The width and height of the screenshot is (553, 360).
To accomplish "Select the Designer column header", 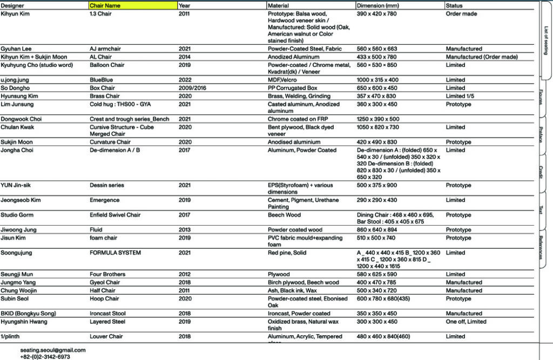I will [x=12, y=5].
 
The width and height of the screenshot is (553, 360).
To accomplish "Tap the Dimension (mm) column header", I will [x=378, y=5].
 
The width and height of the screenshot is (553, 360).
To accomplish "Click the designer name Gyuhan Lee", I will [x=16, y=49].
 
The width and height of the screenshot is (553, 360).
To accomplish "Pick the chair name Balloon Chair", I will [x=107, y=65].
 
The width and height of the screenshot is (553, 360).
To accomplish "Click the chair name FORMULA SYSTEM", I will [x=115, y=253].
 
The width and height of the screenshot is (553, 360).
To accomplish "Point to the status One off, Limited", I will [x=466, y=322].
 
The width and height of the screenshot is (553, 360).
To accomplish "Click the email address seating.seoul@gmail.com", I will [x=53, y=350].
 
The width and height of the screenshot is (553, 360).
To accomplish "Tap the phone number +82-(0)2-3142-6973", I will [x=45, y=357].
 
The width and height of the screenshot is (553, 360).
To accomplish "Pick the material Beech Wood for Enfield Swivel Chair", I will [x=284, y=215].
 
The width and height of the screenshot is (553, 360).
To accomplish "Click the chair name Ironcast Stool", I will [x=107, y=314].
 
